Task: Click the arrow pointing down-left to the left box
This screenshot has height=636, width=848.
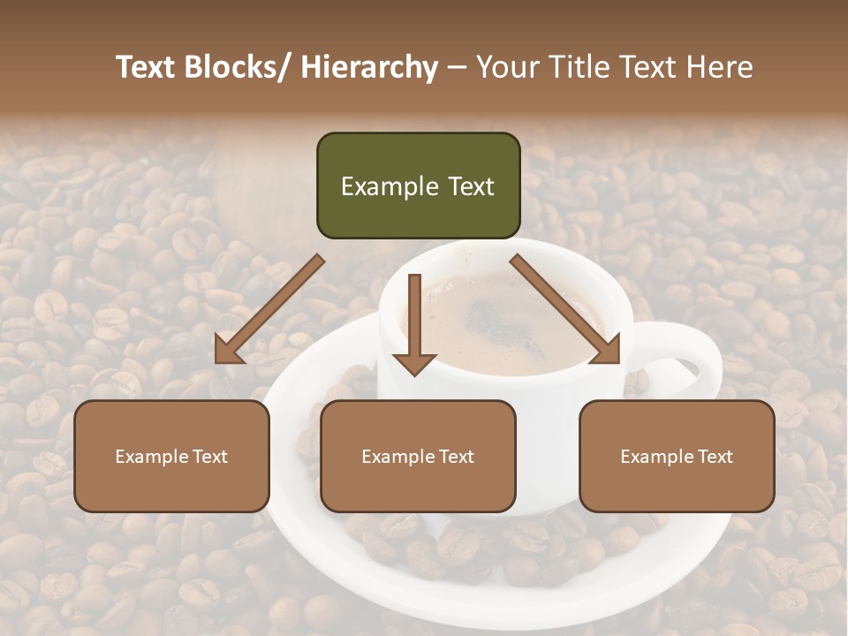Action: (x=269, y=309)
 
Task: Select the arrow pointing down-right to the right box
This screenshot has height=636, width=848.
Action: (x=564, y=308)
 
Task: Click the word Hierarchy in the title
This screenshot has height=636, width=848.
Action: (x=369, y=67)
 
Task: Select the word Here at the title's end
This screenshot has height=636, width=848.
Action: (x=718, y=67)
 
